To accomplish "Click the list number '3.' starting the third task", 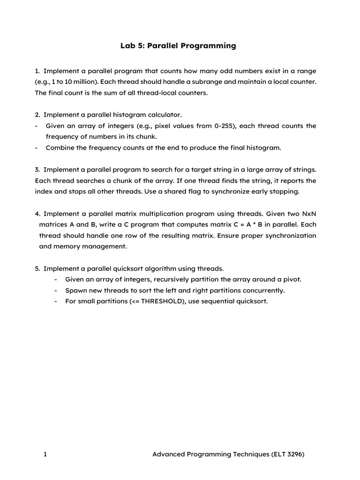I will (37, 170).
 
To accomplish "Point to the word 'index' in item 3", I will (45, 191).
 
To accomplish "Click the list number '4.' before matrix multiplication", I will (37, 213).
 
